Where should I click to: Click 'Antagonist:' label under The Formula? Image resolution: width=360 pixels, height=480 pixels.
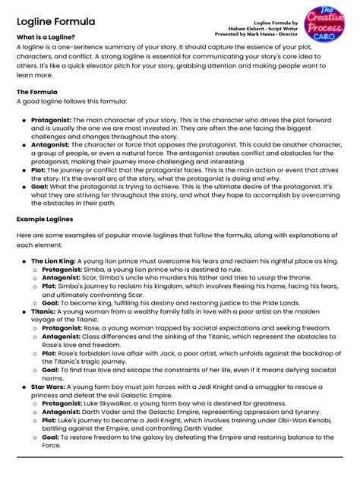coord(52,144)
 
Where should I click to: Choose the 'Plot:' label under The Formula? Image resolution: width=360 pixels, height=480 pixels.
coord(39,170)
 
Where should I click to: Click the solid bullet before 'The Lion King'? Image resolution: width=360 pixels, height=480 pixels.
coord(24,261)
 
